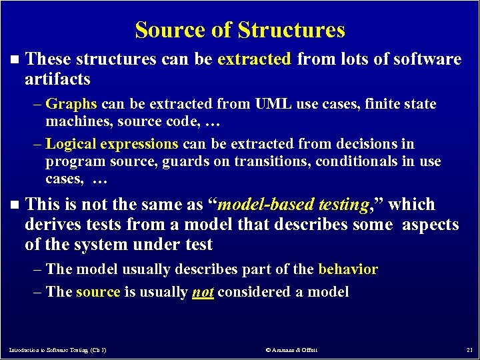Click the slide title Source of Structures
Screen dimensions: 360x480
240,30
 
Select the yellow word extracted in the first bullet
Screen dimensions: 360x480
254,59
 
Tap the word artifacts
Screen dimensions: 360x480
57,79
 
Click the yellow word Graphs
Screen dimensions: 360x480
71,104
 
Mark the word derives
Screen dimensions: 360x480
52,225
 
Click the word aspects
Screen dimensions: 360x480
430,225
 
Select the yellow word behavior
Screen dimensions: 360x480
348,269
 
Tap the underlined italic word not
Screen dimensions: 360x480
203,292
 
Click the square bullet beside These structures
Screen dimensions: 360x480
15,60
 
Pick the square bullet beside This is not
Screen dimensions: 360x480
15,205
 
